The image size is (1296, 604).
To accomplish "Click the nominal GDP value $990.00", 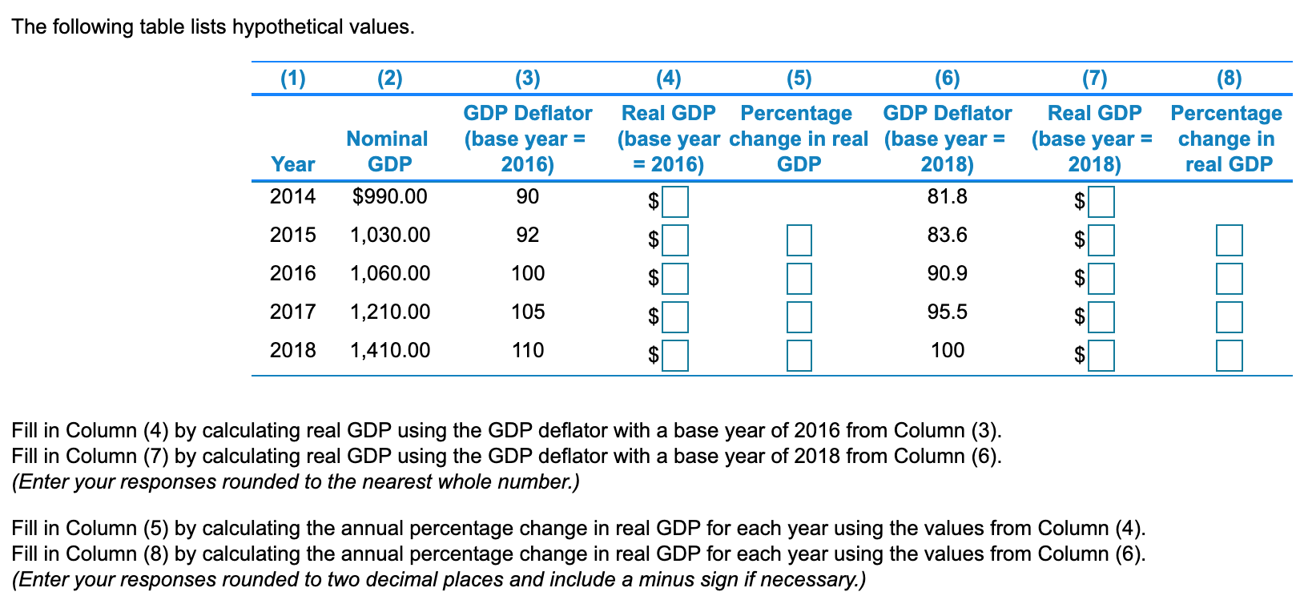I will [389, 196].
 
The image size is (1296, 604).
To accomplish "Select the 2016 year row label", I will [292, 273].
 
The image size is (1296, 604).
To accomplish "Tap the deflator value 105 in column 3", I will [528, 312].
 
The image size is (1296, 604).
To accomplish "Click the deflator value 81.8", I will [947, 196].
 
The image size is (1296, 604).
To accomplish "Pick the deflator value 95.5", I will [947, 312].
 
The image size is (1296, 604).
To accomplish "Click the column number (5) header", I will [799, 78].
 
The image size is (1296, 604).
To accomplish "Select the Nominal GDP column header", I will [388, 151].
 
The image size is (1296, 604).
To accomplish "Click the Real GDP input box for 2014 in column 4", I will [674, 202].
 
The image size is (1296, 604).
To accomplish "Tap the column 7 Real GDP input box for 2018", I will [1101, 356].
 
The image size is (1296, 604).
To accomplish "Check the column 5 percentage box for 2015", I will [799, 240].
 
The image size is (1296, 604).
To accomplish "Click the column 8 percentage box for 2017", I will [1229, 317].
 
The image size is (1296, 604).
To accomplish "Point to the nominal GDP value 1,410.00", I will [390, 350].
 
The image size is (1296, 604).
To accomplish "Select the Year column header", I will [292, 164].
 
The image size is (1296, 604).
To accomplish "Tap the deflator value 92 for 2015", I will [528, 235].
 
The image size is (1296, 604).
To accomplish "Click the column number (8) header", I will [1229, 78].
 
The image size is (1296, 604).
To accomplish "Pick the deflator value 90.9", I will [947, 273].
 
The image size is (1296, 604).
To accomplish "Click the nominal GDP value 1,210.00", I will [390, 312].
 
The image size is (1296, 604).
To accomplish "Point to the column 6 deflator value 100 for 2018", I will [947, 350].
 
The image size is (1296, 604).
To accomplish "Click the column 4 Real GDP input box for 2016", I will [674, 279].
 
